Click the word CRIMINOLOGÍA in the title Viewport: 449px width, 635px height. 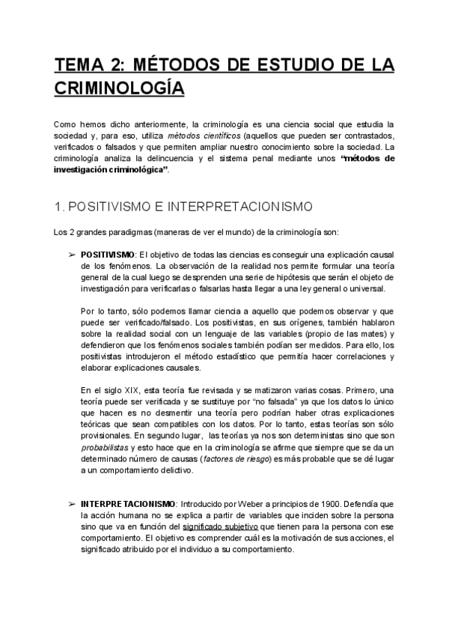[x=119, y=88]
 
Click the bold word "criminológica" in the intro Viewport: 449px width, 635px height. [x=137, y=169]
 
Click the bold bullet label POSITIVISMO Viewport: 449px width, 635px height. [x=107, y=254]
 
